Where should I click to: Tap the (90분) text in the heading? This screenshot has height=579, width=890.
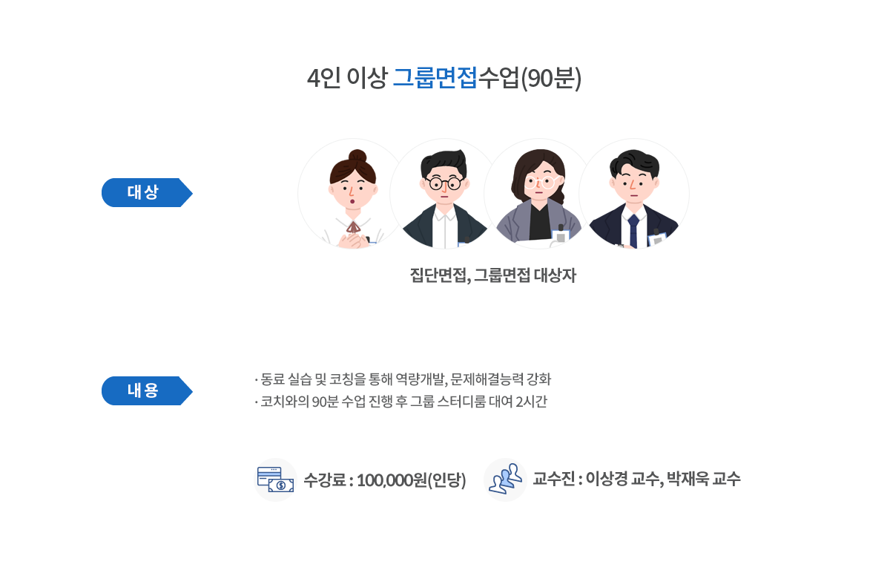551,78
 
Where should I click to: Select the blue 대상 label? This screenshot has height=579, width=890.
147,192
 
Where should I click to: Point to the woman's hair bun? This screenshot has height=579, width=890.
357,157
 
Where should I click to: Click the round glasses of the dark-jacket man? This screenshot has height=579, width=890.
444,183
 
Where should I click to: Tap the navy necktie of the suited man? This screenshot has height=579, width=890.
633,230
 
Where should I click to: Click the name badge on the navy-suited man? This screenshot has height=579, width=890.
657,241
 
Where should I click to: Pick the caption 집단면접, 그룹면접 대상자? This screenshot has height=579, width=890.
492,276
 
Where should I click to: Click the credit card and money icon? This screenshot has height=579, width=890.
275,480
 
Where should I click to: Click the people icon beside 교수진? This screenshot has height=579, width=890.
505,480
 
